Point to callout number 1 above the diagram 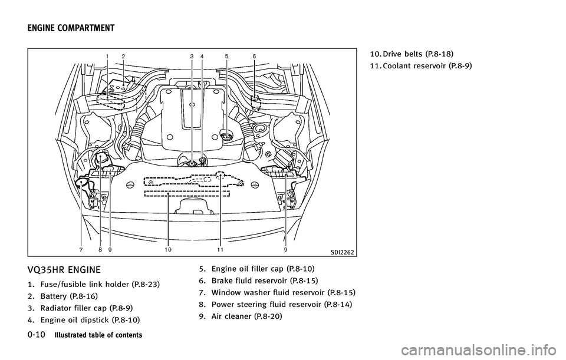tap(107, 55)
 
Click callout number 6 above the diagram tap(254, 55)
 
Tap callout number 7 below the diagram tap(81, 250)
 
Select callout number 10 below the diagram tap(168, 250)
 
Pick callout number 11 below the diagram tap(219, 250)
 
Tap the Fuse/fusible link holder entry tap(81, 284)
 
